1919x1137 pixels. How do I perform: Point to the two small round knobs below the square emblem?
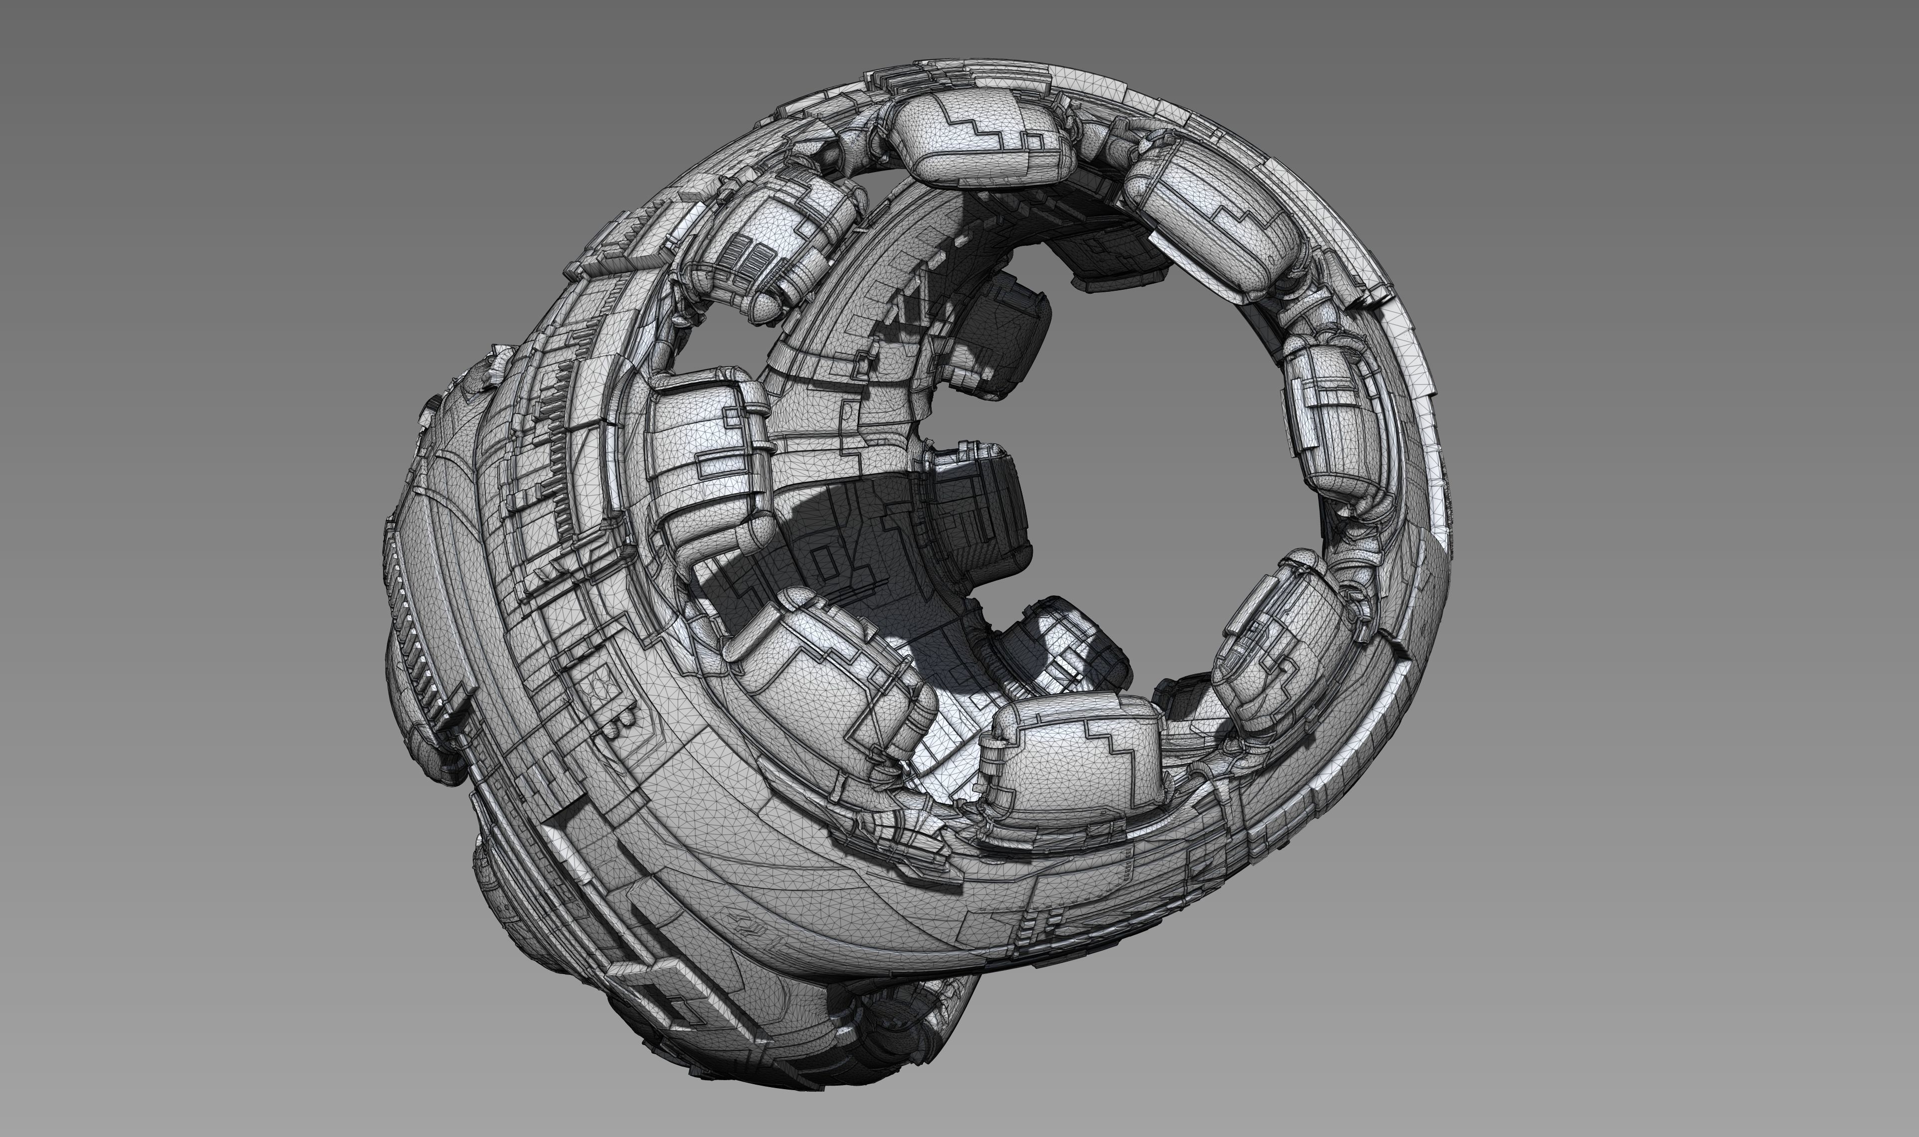tap(620, 720)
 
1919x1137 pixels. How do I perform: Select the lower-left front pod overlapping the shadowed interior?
tap(827, 674)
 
